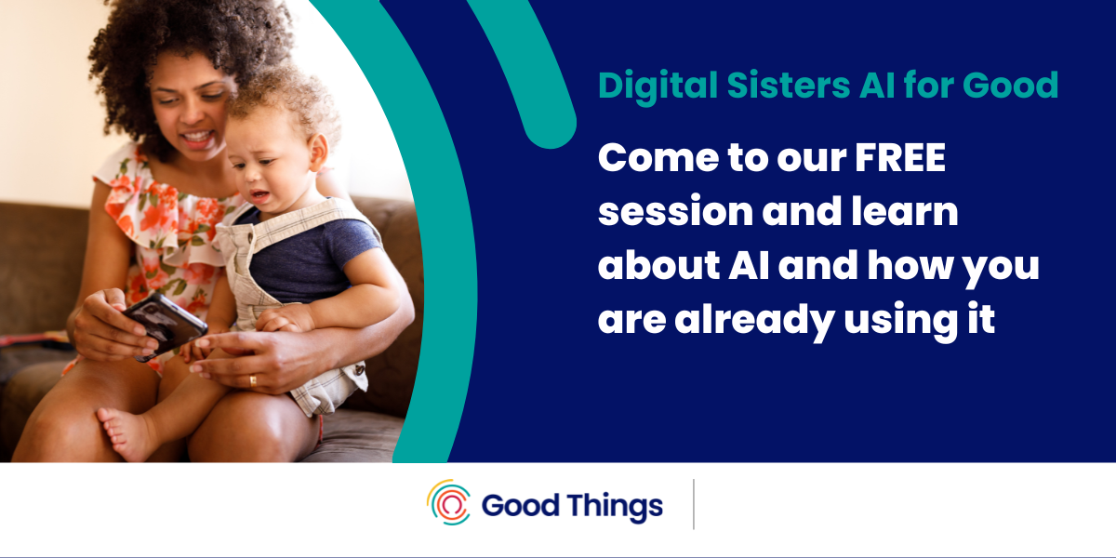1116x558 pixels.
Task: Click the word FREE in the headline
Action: pyautogui.click(x=900, y=157)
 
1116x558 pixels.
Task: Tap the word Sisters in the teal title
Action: pyautogui.click(x=789, y=86)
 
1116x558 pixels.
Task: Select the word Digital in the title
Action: pyautogui.click(x=658, y=86)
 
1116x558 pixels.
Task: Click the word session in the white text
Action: pyautogui.click(x=675, y=212)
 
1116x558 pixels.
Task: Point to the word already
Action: pyautogui.click(x=754, y=321)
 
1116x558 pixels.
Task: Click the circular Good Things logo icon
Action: pyautogui.click(x=449, y=502)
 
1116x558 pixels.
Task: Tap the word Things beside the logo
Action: pyautogui.click(x=615, y=507)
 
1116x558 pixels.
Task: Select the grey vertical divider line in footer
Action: pyautogui.click(x=694, y=504)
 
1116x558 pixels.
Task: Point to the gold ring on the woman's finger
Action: pyautogui.click(x=253, y=381)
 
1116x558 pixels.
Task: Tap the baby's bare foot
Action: pyautogui.click(x=125, y=432)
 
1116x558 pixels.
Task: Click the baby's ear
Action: pyautogui.click(x=317, y=153)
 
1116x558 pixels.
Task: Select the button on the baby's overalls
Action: pyautogui.click(x=358, y=370)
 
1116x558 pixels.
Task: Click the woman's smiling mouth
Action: pyautogui.click(x=198, y=138)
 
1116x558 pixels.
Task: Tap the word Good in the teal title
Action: pyautogui.click(x=1010, y=86)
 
